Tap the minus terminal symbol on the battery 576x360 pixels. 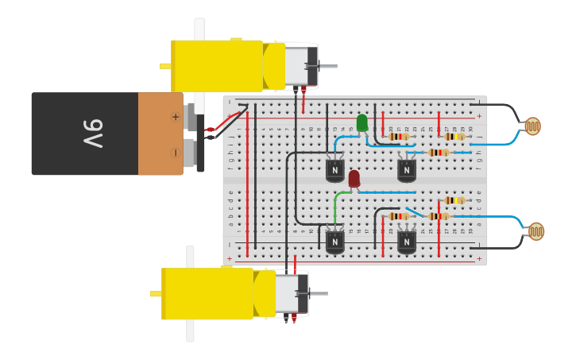(x=175, y=152)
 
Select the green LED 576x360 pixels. (x=362, y=122)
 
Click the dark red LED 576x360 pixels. (x=354, y=178)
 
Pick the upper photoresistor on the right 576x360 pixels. (x=532, y=126)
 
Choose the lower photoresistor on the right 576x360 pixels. (x=536, y=231)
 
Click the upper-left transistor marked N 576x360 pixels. (x=335, y=170)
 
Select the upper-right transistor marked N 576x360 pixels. (x=406, y=170)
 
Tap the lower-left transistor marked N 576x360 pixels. (x=335, y=242)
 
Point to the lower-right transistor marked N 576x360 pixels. (x=406, y=241)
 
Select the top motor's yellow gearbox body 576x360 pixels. (x=216, y=66)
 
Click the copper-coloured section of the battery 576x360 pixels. (x=160, y=134)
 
